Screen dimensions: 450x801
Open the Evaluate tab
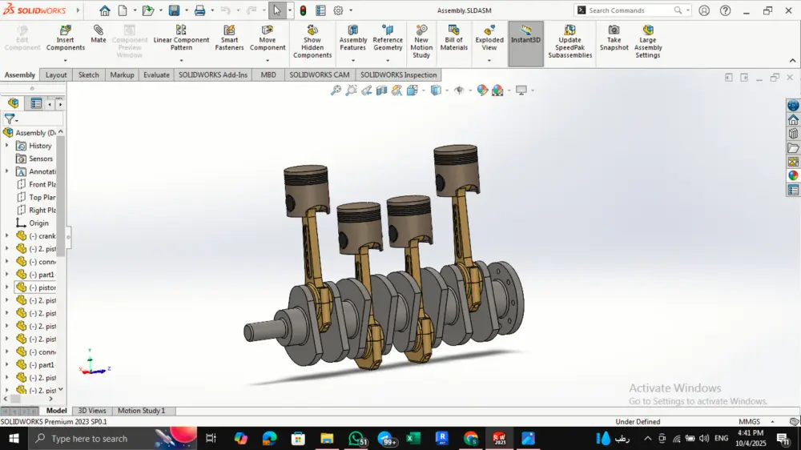click(x=156, y=74)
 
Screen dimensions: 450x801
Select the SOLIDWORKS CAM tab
click(x=319, y=74)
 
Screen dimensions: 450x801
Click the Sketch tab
click(x=88, y=74)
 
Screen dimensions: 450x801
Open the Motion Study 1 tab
click(x=141, y=411)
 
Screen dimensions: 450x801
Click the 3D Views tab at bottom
click(x=91, y=411)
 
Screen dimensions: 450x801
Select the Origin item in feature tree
click(x=38, y=223)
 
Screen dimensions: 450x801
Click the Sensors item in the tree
click(x=40, y=159)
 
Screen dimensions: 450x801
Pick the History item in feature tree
click(x=39, y=146)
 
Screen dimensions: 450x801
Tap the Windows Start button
click(x=14, y=438)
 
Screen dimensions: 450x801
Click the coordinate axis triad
click(x=92, y=367)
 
